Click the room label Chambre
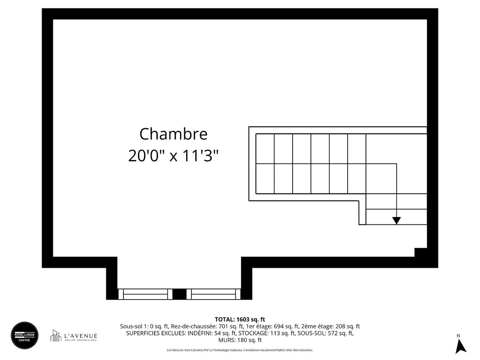pos(173,134)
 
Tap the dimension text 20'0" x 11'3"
pos(173,156)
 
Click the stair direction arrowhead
pos(396,221)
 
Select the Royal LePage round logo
pos(24,335)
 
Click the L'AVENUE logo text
pos(80,336)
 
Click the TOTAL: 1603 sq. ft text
pos(240,320)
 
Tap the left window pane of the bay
pos(145,294)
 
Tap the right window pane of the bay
pos(213,294)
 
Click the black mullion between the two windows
pos(179,294)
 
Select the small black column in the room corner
pos(420,252)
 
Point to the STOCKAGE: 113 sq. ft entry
pos(267,333)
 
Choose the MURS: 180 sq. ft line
pos(240,340)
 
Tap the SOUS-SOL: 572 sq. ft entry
pos(325,333)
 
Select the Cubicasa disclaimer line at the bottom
pos(240,350)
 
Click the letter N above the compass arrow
pos(458,336)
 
